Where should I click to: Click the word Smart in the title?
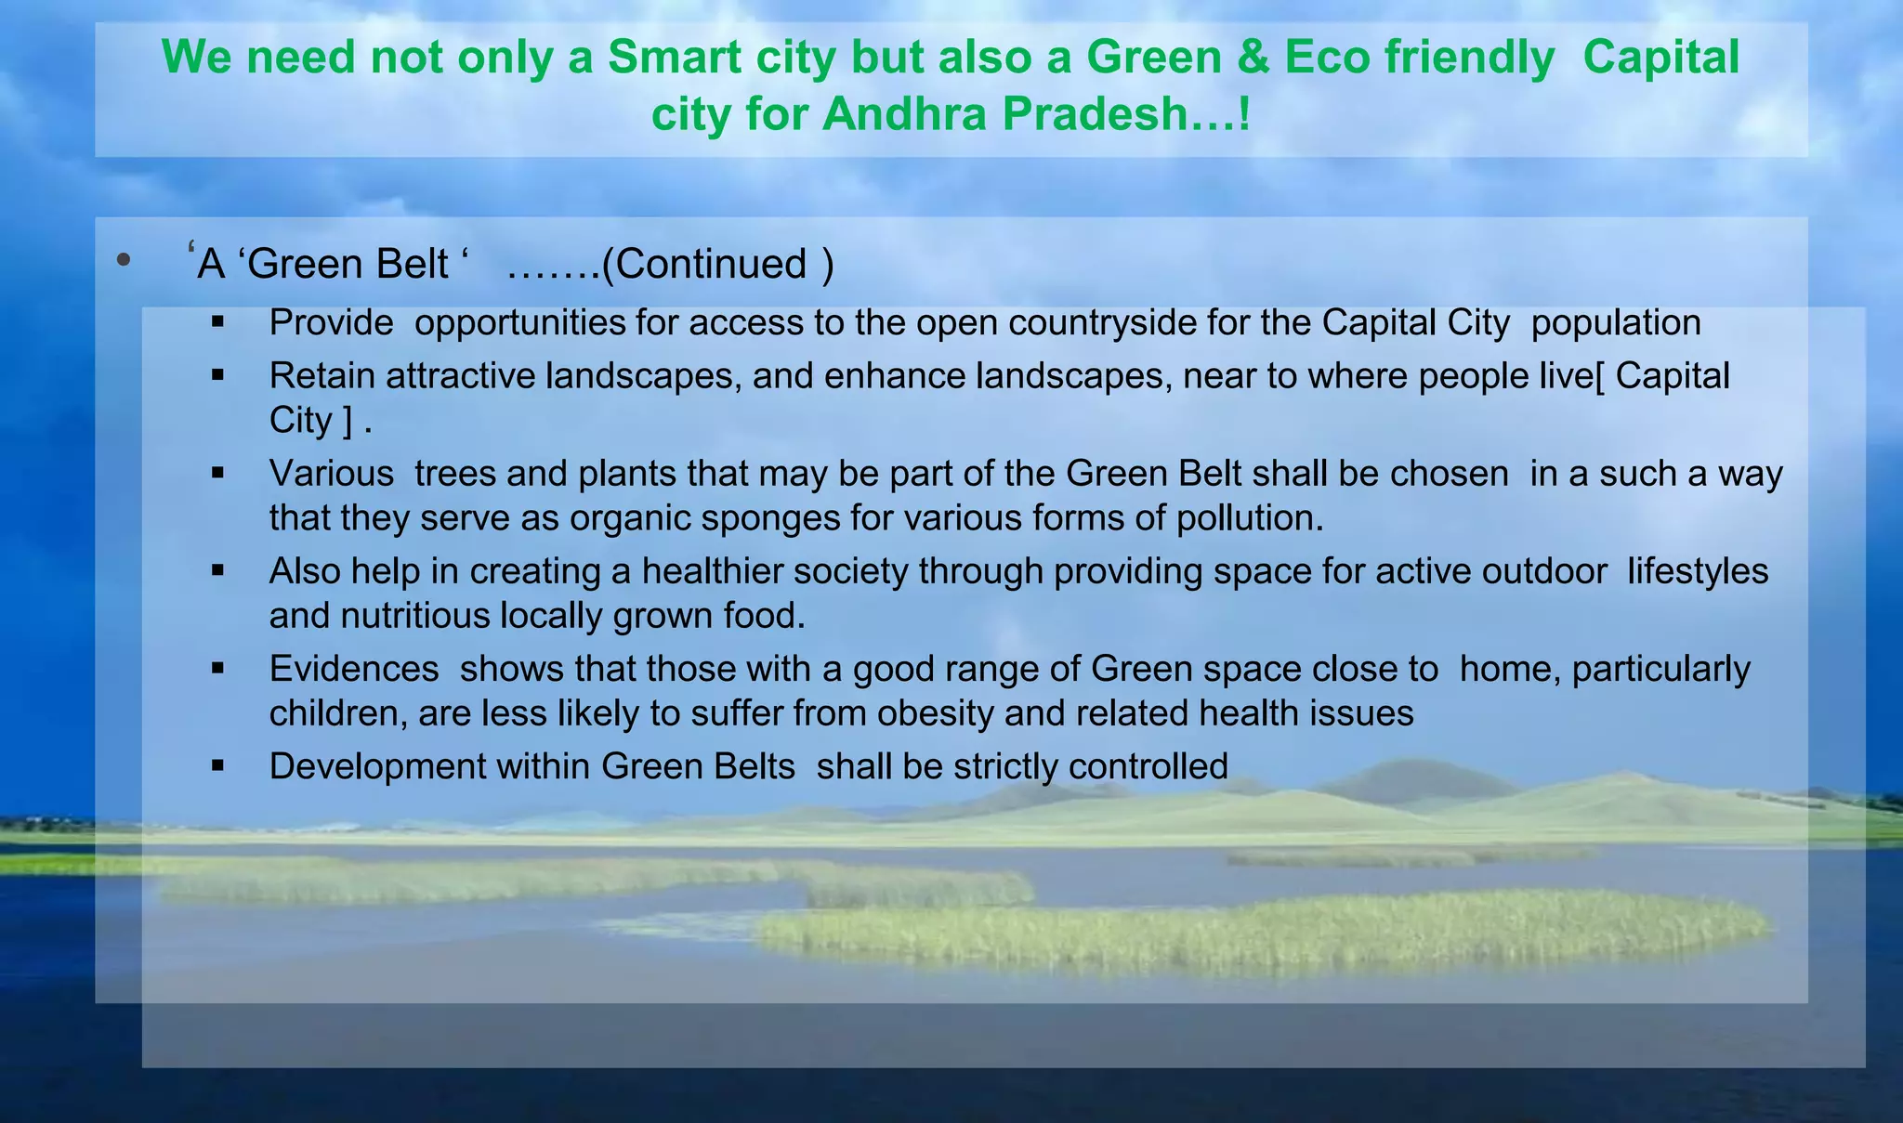(x=680, y=58)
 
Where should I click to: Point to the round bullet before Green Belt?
(x=124, y=261)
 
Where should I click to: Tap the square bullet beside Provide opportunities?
(x=218, y=322)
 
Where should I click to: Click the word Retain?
(x=322, y=376)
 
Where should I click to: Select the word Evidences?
(x=354, y=669)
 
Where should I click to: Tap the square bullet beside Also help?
(x=218, y=569)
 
